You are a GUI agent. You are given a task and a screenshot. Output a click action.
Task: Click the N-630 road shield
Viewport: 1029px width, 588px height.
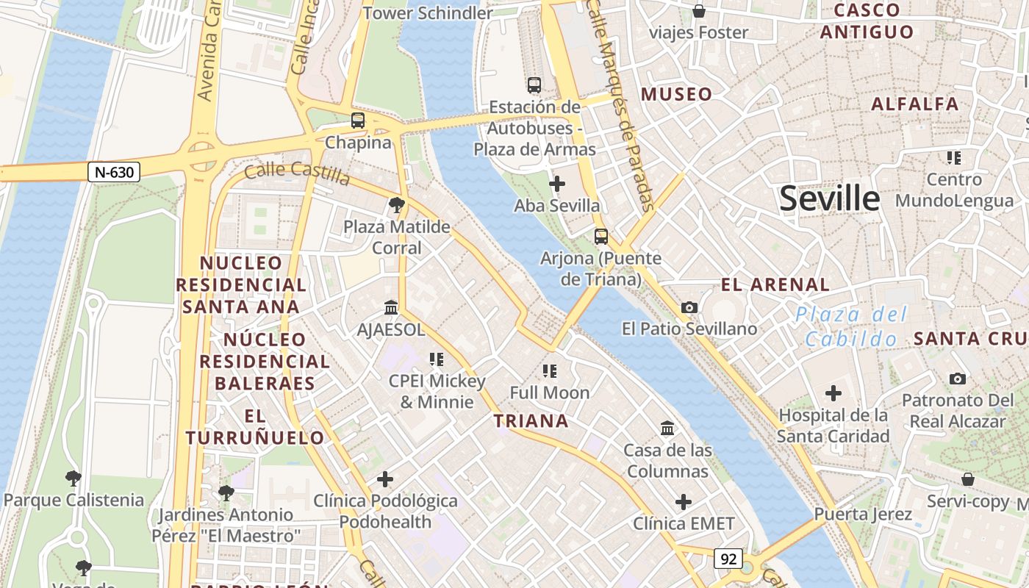point(114,172)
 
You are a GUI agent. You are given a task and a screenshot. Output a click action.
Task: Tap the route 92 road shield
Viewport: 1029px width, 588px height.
point(728,559)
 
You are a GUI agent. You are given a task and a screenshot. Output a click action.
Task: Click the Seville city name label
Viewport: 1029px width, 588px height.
point(829,198)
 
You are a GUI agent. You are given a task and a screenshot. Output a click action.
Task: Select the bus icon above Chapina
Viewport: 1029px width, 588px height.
point(358,121)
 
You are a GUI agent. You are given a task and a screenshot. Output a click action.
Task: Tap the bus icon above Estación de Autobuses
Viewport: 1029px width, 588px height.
point(534,85)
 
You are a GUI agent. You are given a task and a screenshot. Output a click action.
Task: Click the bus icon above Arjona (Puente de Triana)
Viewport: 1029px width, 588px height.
point(601,237)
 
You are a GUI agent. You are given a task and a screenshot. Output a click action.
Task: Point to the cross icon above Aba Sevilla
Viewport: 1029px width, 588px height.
point(557,184)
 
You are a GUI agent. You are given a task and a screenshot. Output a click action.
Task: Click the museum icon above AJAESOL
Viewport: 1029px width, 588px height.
point(391,307)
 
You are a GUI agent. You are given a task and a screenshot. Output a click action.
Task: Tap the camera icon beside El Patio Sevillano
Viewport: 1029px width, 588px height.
point(689,307)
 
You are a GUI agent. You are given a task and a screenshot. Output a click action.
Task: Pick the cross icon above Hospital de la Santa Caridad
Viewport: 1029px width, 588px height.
point(833,393)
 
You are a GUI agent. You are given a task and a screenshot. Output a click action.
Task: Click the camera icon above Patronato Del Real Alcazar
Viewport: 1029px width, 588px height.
point(957,379)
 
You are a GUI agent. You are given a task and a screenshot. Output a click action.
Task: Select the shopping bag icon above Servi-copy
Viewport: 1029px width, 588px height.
point(968,479)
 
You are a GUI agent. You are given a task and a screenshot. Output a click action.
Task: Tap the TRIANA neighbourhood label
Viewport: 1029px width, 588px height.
point(531,421)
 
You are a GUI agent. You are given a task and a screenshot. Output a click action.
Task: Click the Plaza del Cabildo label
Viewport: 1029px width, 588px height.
point(851,327)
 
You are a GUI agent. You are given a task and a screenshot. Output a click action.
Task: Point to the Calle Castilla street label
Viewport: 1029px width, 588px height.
point(297,173)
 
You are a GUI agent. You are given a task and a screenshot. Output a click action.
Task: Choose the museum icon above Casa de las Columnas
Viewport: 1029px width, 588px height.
point(667,428)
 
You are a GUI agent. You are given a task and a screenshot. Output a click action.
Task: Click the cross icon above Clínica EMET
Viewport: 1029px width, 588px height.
point(684,502)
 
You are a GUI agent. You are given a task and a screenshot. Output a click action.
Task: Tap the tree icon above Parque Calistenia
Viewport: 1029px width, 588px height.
point(73,478)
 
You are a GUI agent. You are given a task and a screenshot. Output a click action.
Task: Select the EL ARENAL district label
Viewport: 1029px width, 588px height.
point(775,284)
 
